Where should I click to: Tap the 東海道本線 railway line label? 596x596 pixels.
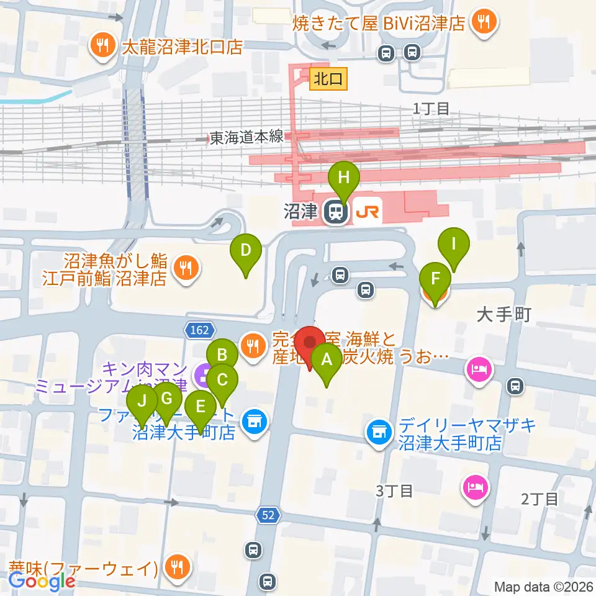pos(246,138)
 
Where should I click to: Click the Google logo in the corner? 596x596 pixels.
pos(42,581)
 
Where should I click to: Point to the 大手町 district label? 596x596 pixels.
pos(503,315)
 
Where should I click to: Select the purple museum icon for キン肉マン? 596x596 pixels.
pos(202,374)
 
